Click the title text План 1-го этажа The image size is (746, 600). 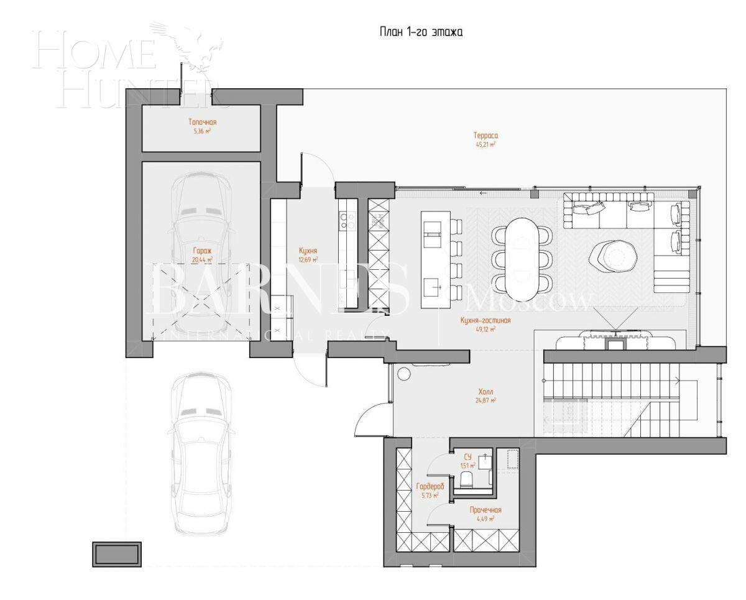(421, 32)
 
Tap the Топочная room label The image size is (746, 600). (202, 122)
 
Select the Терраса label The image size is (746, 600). (486, 135)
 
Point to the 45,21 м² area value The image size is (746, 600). (486, 144)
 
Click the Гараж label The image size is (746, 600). (202, 252)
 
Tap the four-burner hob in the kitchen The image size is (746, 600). (346, 221)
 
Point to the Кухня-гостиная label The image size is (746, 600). (485, 321)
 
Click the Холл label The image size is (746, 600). (486, 392)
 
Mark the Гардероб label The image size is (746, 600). (430, 486)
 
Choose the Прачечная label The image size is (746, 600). (485, 510)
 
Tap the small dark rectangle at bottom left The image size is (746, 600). (117, 553)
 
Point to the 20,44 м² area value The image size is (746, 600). (202, 260)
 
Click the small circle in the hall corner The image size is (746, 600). (403, 375)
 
